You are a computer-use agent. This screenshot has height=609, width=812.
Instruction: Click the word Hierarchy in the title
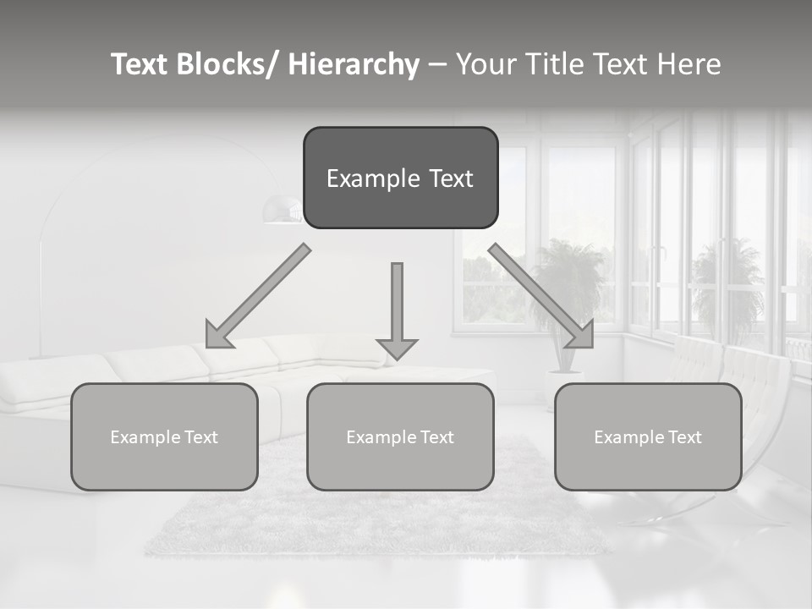[354, 64]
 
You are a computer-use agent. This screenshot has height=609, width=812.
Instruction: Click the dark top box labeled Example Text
[400, 178]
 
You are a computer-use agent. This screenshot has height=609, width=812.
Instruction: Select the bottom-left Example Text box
[164, 436]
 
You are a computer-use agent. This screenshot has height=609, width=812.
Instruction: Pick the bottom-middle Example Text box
[400, 436]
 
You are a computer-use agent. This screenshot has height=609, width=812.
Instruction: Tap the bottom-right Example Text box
[648, 436]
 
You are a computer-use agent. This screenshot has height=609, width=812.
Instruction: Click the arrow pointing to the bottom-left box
[258, 297]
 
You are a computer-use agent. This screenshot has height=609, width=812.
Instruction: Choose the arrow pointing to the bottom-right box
[541, 296]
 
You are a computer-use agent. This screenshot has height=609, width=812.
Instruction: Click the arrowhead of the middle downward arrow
[397, 348]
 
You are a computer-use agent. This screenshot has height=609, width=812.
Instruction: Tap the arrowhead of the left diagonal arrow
[217, 336]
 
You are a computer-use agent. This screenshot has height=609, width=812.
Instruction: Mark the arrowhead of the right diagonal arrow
[581, 336]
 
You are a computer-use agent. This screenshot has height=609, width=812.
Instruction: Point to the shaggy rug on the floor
[372, 516]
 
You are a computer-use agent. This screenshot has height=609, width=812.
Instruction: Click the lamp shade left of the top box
[282, 210]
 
